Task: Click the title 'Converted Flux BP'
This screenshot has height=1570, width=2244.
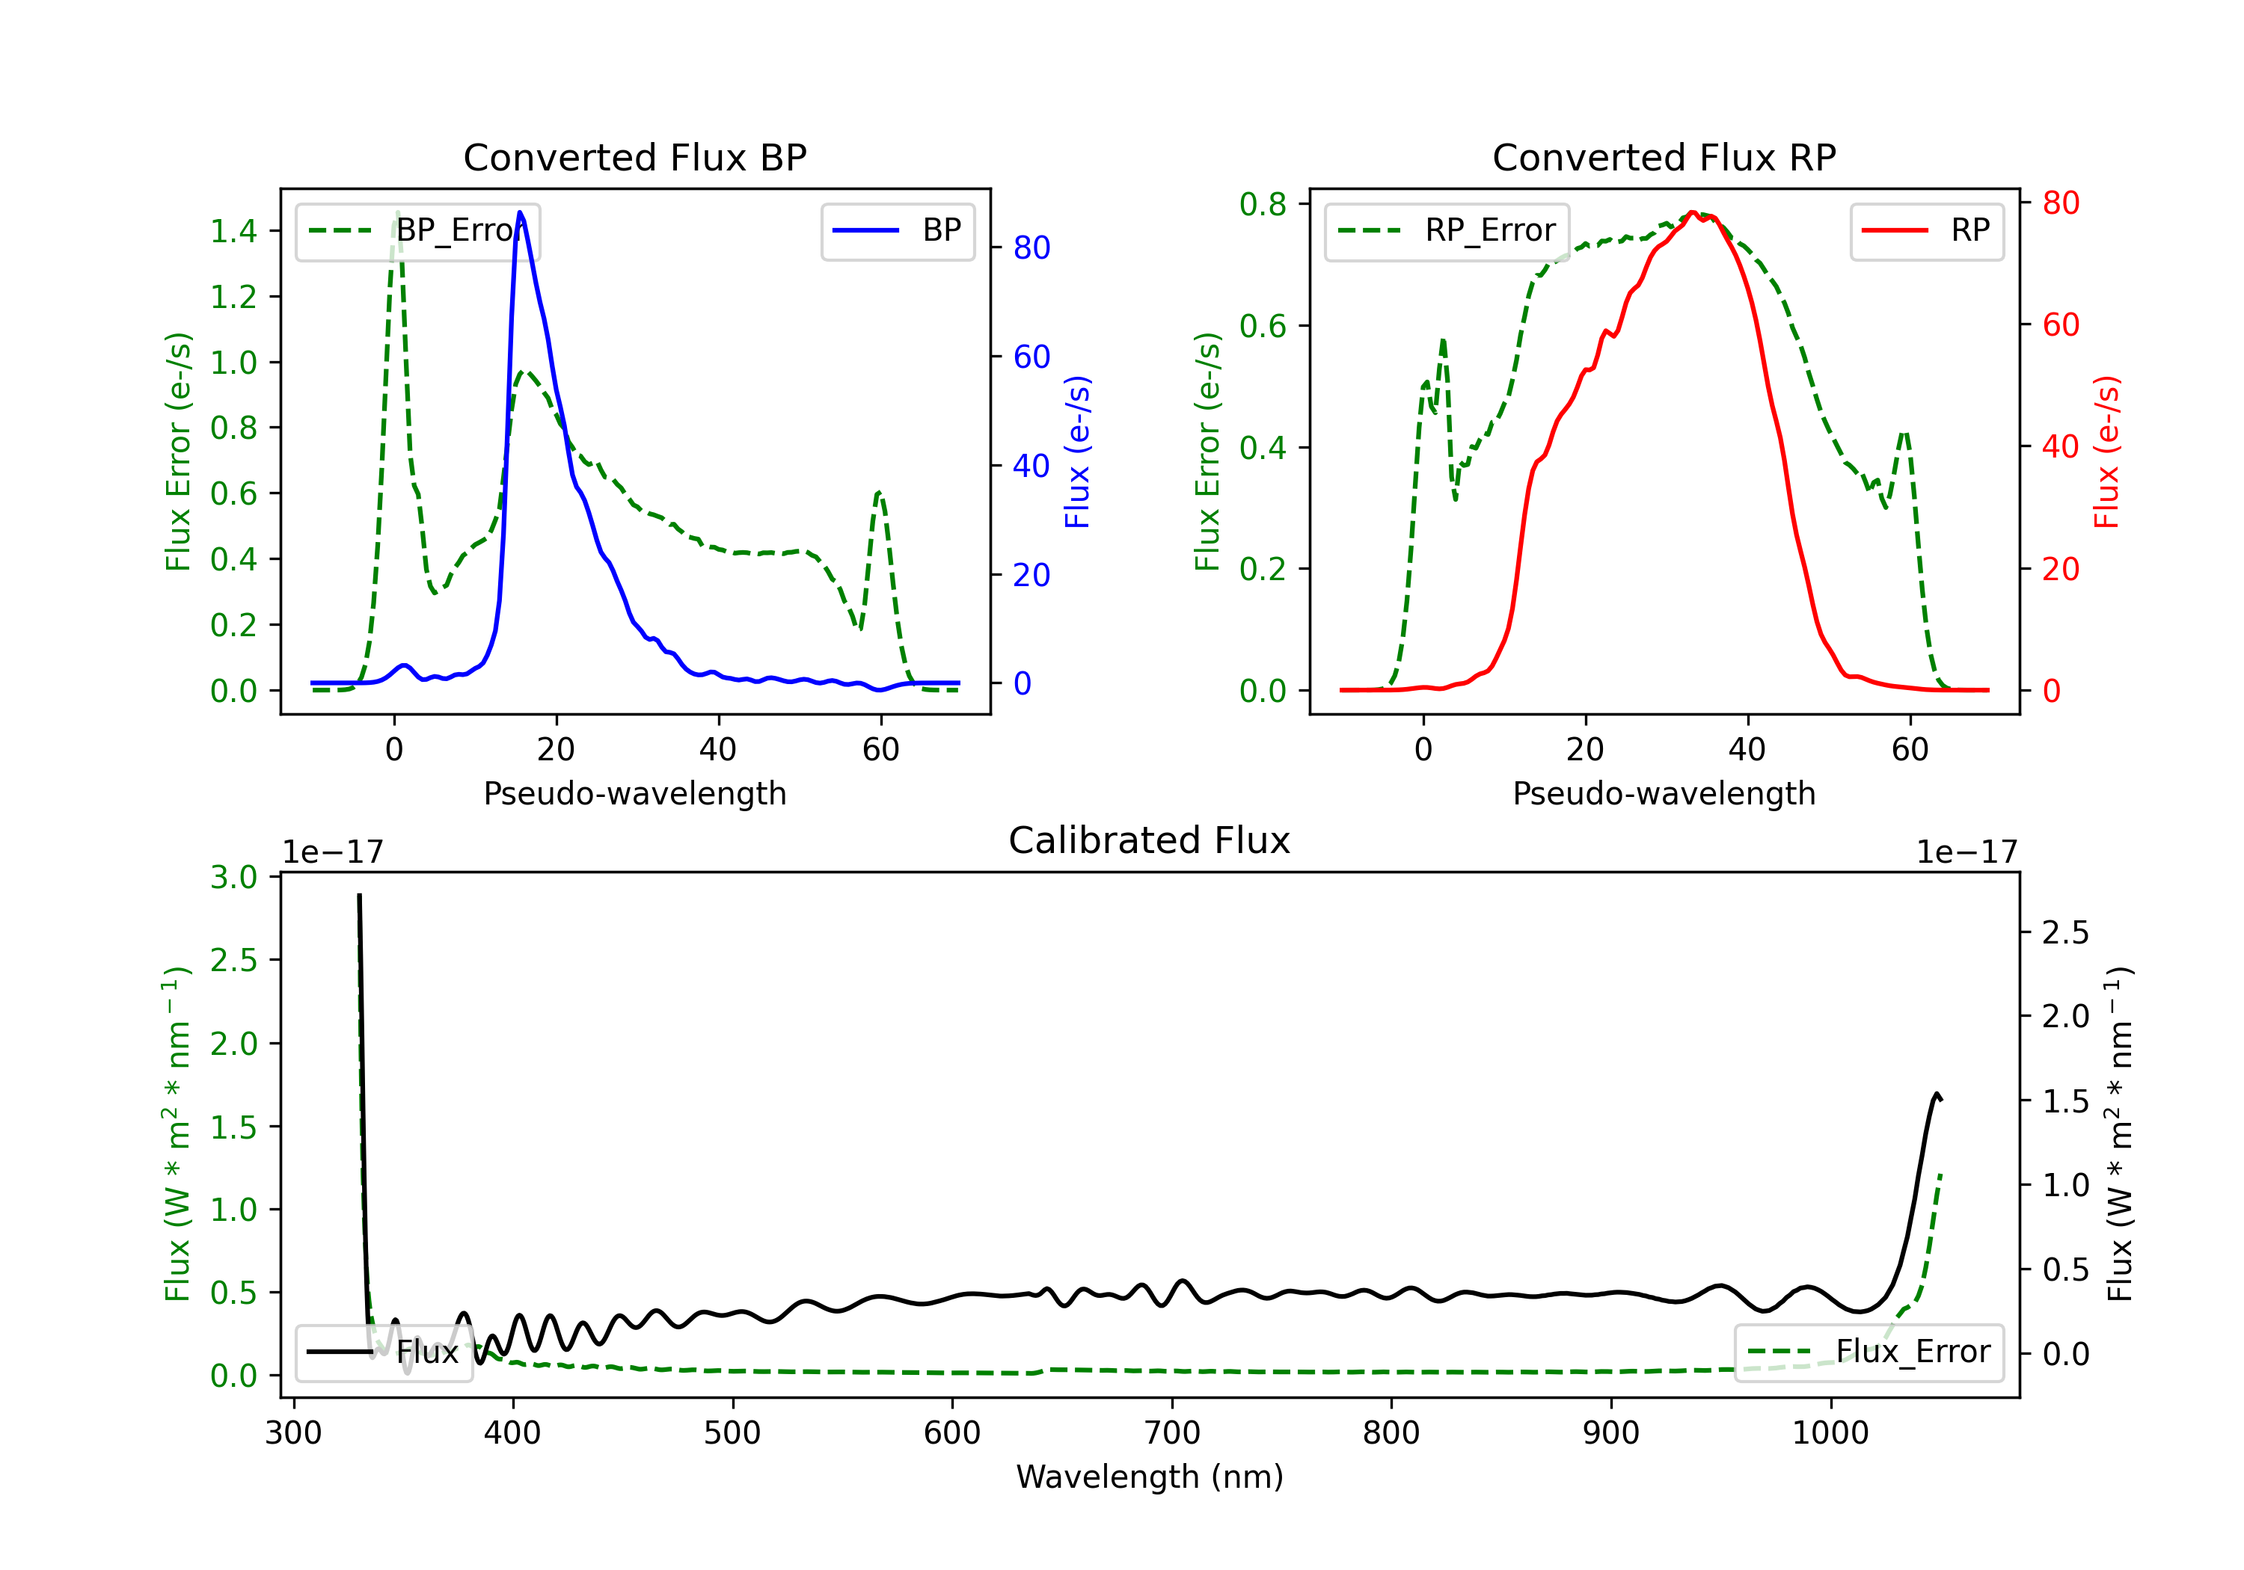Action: (x=634, y=157)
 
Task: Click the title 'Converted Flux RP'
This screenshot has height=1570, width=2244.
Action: (x=1664, y=157)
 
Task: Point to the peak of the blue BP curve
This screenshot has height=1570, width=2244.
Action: (x=520, y=212)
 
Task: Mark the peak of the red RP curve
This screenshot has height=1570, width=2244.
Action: (x=1693, y=213)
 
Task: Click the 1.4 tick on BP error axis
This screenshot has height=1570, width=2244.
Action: (x=233, y=232)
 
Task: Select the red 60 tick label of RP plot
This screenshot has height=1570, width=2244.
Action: (x=2060, y=325)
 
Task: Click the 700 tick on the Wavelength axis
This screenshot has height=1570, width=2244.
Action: (x=1172, y=1433)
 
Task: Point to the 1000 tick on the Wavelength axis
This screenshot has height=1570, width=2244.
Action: (x=1830, y=1433)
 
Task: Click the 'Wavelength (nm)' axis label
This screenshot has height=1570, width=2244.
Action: (x=1150, y=1477)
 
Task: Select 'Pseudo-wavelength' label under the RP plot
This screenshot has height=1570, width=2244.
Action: (x=1664, y=793)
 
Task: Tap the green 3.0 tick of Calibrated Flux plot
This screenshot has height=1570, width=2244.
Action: (x=233, y=877)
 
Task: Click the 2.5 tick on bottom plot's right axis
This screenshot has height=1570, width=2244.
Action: (x=2065, y=933)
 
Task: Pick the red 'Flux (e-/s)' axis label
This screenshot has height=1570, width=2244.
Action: (x=2106, y=452)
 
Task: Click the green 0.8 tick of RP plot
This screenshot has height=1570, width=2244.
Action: (x=1263, y=204)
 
